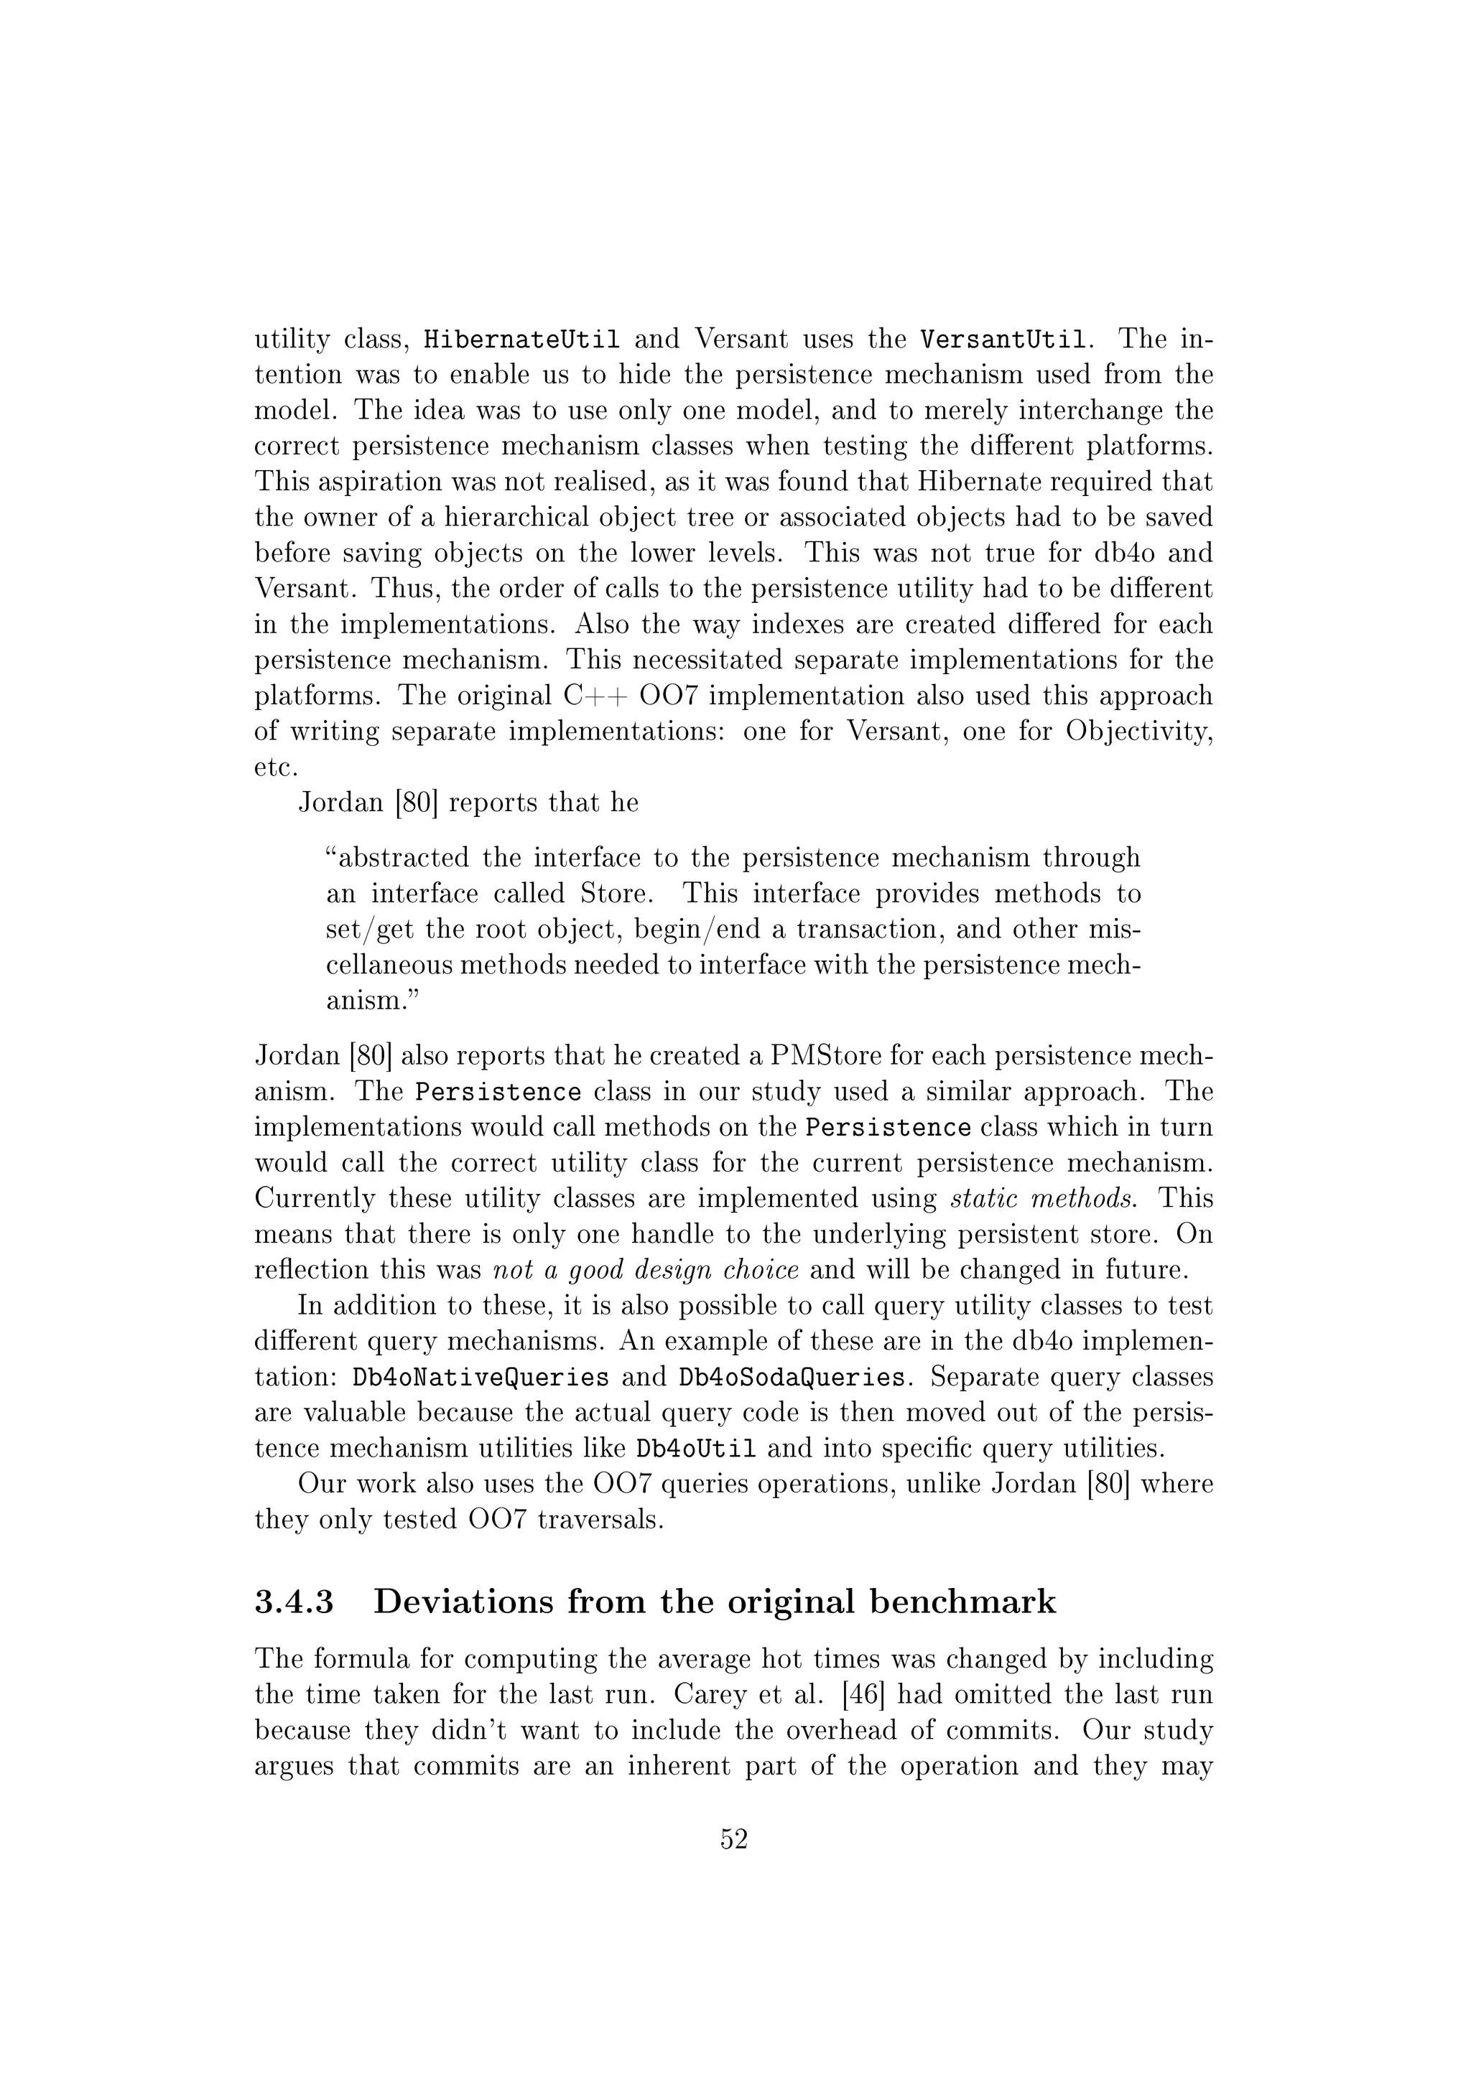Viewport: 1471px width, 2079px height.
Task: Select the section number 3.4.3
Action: coord(294,1602)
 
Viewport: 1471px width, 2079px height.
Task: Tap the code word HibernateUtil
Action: coord(523,340)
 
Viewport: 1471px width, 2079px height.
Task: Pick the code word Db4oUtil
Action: coord(697,1449)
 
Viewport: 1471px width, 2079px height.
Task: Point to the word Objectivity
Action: coord(1138,732)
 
